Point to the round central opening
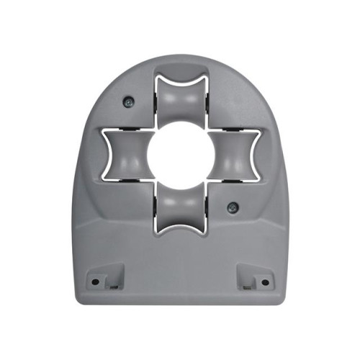[180, 155]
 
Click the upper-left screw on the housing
[127, 102]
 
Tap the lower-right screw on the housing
[232, 207]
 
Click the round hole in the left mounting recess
[95, 282]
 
